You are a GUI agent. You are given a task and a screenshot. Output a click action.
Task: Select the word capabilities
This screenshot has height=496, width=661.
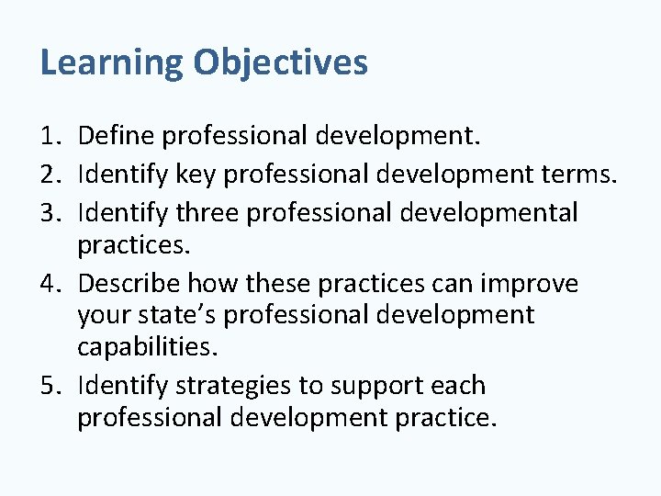click(x=148, y=348)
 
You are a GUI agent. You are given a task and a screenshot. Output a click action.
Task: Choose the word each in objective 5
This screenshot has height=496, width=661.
click(x=451, y=385)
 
